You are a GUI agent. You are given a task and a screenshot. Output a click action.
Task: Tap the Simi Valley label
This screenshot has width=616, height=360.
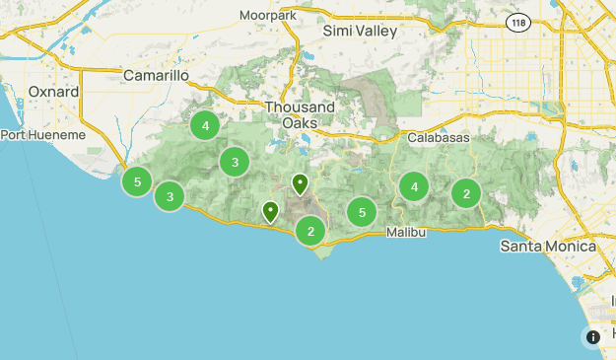360,31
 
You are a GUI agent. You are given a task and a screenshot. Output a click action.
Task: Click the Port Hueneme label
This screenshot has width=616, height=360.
37,135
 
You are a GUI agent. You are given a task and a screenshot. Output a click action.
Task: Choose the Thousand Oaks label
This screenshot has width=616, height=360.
299,114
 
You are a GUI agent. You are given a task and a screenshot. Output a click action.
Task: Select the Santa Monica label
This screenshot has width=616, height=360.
548,246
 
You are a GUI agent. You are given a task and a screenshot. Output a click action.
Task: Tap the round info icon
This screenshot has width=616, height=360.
593,337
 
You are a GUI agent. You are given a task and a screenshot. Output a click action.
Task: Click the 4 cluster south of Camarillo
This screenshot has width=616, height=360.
205,125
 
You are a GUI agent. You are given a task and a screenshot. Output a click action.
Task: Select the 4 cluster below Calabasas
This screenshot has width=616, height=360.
414,186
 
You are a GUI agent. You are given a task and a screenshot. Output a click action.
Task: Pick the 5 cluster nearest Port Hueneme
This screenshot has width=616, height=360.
137,181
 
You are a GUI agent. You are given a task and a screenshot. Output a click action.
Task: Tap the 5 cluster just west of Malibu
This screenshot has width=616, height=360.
363,212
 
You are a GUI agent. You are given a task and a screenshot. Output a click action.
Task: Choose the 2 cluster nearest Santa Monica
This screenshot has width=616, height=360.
466,194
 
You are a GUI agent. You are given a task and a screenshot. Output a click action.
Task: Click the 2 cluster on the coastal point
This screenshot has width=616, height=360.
310,231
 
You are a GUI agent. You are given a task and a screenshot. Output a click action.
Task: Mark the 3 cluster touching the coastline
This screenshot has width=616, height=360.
171,197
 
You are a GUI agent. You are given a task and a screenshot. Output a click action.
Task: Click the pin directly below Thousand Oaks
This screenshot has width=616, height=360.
300,182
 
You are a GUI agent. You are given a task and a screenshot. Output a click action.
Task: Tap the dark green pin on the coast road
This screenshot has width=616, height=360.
270,210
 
